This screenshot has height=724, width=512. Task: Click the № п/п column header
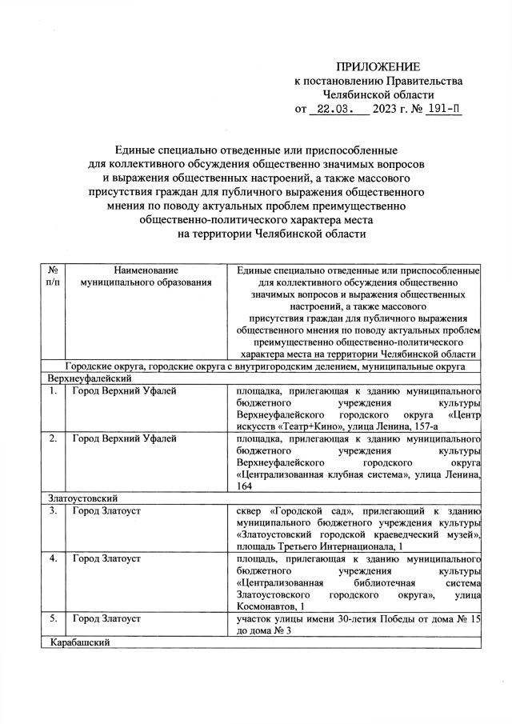point(52,277)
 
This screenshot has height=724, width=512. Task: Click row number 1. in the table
point(51,390)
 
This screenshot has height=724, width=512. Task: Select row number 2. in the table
point(51,439)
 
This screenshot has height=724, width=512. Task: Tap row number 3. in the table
point(51,510)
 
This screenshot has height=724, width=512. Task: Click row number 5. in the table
point(51,619)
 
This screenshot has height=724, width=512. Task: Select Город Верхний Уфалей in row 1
point(125,390)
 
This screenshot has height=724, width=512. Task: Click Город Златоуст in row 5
point(106,619)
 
